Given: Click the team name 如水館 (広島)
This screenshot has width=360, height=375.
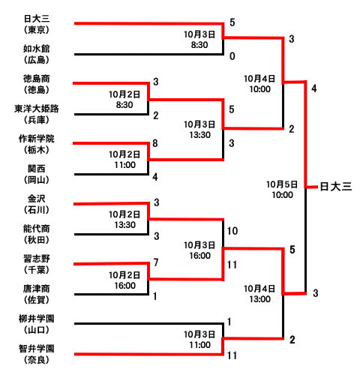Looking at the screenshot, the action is [37, 54].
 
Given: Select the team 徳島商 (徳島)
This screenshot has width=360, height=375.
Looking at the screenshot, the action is [37, 84].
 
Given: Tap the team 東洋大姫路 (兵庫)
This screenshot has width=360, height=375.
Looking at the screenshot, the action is [37, 114].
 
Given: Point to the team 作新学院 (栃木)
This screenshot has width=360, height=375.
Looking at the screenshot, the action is [37, 144].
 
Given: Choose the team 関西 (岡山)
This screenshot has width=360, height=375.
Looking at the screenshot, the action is [37, 174].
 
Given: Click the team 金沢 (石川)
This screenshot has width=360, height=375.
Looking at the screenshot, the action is [37, 204].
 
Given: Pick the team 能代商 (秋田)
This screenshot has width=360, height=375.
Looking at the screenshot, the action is [37, 234].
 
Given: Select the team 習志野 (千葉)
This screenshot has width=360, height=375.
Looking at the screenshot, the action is [37, 264].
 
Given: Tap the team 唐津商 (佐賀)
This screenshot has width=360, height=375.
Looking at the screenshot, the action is [37, 294].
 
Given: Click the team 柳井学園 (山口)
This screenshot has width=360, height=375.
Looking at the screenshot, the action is [37, 324].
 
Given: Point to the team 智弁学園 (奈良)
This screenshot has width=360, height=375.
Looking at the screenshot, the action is [37, 354].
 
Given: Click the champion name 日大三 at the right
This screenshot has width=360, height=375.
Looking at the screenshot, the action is [336, 187].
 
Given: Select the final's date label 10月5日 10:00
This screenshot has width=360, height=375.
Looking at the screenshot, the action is [282, 190].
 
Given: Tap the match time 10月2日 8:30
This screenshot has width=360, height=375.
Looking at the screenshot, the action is [124, 100].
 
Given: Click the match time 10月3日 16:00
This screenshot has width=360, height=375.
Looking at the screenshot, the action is [199, 250].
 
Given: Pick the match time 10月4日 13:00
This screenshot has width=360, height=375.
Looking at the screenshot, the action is [259, 294].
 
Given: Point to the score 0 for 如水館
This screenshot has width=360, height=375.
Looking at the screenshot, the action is [232, 56].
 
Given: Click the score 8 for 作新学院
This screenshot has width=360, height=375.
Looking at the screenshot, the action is [155, 143].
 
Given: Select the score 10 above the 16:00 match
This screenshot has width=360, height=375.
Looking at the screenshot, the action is [232, 231].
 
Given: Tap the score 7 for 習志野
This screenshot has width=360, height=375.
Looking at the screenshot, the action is [156, 262].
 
